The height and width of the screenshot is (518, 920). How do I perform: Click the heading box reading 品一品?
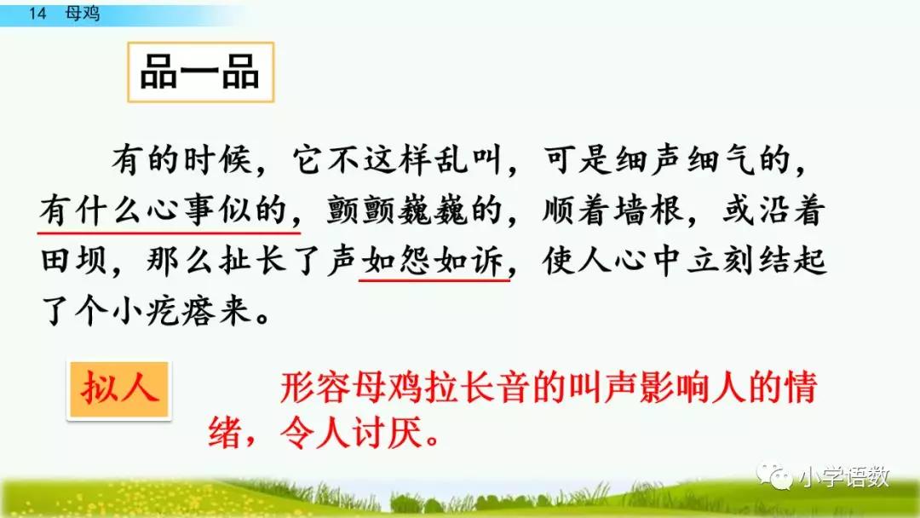coord(199,74)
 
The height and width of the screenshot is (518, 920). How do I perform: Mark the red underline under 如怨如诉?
coord(434,279)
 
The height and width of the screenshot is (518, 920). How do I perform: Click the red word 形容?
coord(315,388)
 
